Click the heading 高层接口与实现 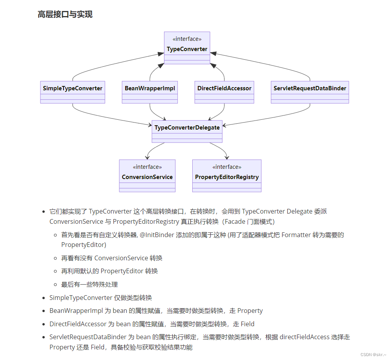point(65,15)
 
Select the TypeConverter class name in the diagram point(187,49)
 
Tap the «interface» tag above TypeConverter point(187,39)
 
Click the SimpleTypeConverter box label point(73,88)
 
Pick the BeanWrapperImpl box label point(150,88)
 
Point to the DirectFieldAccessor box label point(224,88)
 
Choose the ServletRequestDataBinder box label point(310,88)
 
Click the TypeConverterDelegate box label point(187,128)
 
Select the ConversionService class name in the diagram point(147,177)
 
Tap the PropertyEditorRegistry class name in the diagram point(227,177)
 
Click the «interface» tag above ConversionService point(147,167)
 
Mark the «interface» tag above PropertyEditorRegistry point(227,167)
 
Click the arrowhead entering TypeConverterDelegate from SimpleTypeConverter point(150,125)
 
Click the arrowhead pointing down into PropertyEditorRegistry point(227,157)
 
